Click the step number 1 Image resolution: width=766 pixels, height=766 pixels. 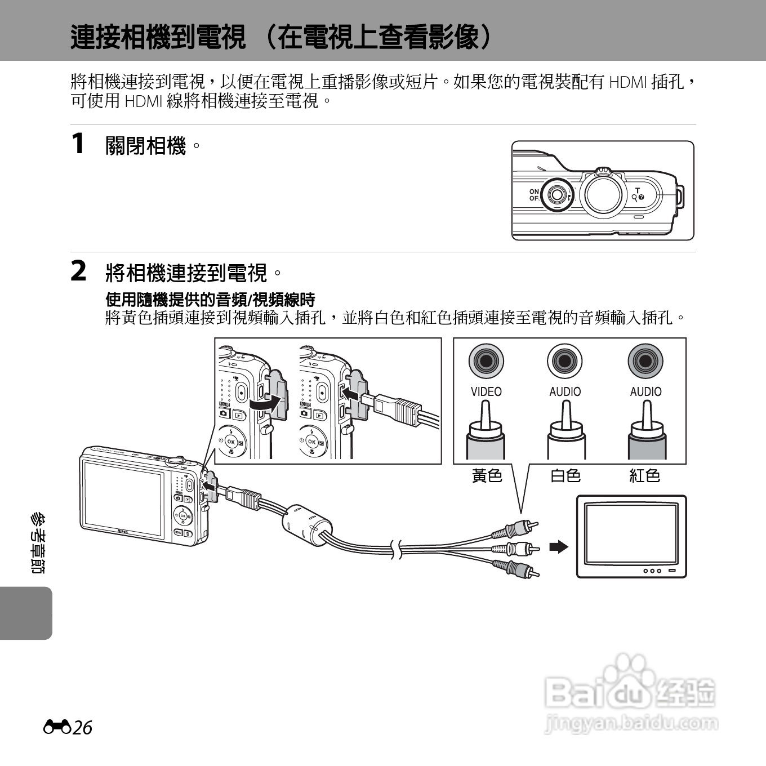tap(78, 143)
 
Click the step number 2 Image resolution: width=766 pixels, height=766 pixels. tap(78, 271)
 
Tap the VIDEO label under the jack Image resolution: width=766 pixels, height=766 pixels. tap(486, 391)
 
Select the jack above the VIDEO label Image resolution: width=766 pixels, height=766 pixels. tap(486, 360)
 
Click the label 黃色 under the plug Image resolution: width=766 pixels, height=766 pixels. tap(487, 476)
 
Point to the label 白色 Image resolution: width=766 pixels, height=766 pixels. tap(565, 476)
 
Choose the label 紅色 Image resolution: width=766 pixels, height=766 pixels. tap(644, 476)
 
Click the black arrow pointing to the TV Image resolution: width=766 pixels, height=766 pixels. tap(559, 546)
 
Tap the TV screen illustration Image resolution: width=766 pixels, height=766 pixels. tap(631, 533)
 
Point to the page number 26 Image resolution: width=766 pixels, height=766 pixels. tap(82, 728)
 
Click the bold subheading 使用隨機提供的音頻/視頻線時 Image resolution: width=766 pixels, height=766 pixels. tap(211, 300)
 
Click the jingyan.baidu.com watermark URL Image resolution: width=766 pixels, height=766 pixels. tap(631, 723)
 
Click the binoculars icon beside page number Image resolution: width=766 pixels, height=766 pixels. tap(57, 727)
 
